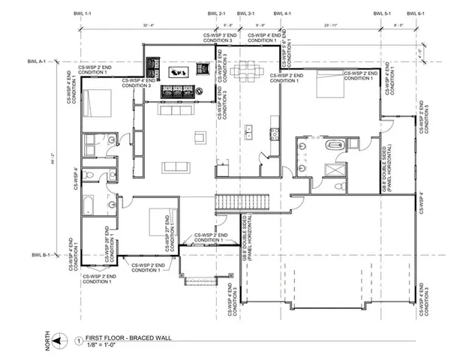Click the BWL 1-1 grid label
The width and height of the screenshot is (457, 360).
click(81, 14)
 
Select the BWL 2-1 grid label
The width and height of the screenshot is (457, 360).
click(216, 14)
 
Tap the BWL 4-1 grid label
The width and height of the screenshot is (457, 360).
click(284, 14)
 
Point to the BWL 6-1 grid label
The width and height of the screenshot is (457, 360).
click(417, 14)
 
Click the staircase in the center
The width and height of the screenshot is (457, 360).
click(226, 202)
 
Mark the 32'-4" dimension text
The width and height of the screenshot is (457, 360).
click(147, 27)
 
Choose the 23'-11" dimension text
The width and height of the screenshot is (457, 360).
click(333, 27)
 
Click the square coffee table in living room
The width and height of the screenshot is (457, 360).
click(200, 136)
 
